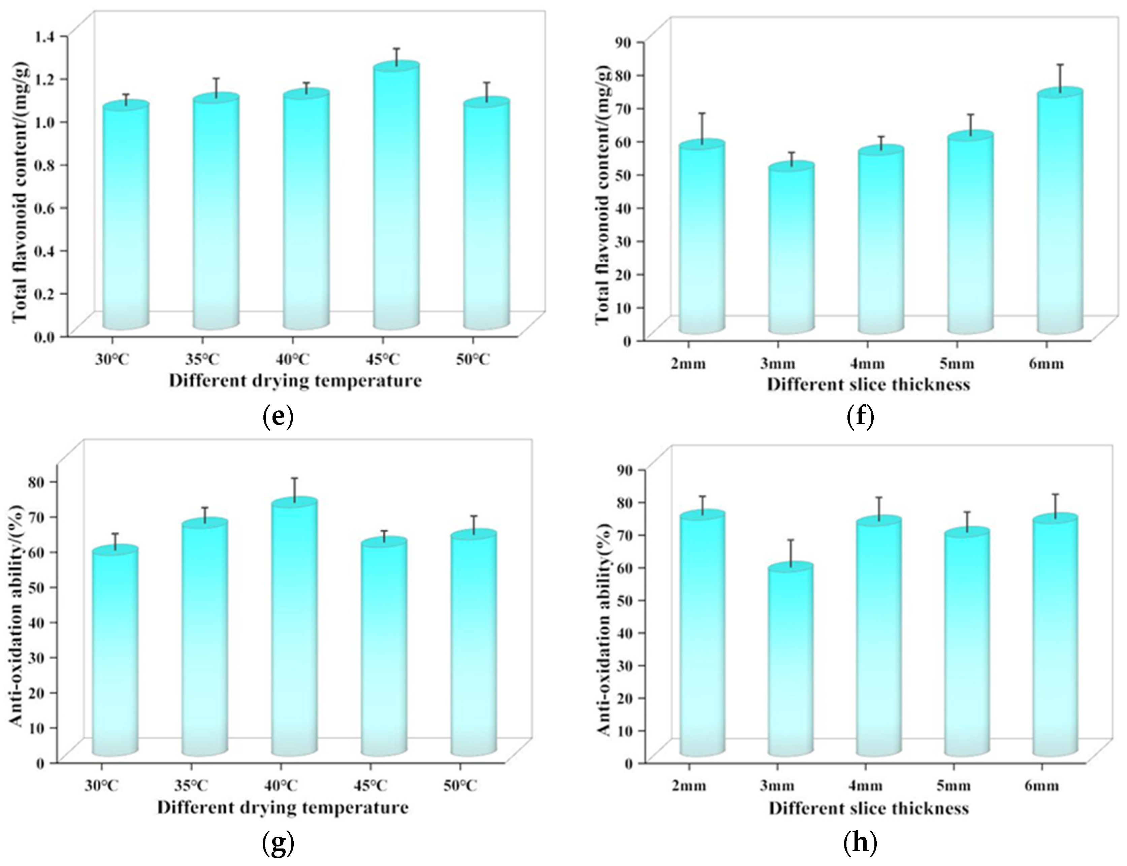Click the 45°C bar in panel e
click(396, 201)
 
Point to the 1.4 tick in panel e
click(47, 36)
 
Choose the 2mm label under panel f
click(688, 364)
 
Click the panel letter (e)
click(278, 417)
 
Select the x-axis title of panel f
click(868, 385)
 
